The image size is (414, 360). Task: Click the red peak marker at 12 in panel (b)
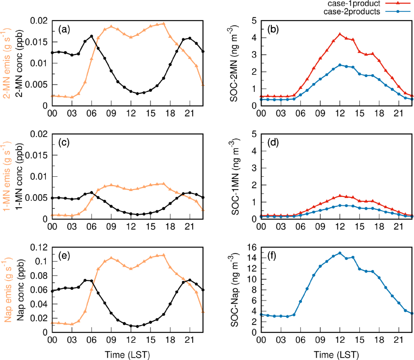[340, 34]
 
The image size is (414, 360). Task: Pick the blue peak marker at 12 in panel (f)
[340, 253]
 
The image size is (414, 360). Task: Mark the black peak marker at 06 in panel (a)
[91, 36]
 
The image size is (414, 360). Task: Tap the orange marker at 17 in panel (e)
[163, 255]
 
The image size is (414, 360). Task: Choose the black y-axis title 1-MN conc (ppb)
[20, 176]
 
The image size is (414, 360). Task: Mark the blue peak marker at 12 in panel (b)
[340, 65]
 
